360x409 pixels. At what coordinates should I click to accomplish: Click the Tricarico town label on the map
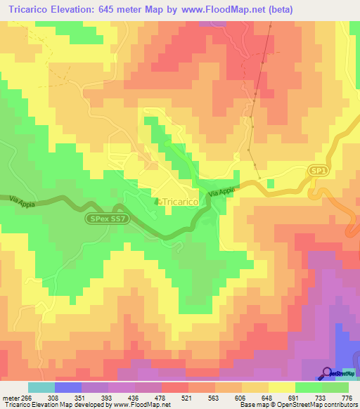[181, 201]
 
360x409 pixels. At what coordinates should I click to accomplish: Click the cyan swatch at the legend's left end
[41, 387]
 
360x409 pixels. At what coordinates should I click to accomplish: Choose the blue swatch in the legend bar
[68, 387]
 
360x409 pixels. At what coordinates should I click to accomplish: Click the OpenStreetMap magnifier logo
[328, 372]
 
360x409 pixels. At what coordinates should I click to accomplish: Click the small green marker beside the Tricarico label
[157, 202]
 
